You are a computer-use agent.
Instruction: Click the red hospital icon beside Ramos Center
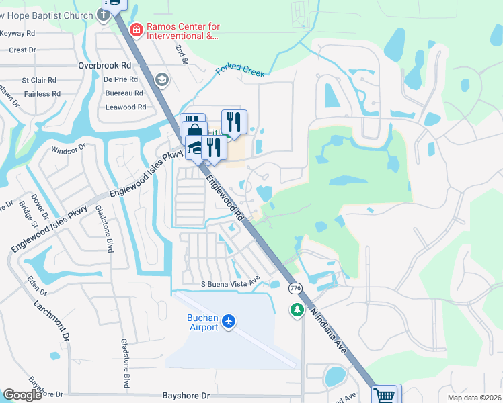coord(137,30)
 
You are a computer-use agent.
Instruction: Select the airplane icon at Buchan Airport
coord(230,322)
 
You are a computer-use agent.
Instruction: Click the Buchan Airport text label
coord(202,322)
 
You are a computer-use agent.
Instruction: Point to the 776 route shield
coord(295,288)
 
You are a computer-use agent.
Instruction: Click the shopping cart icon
coord(384,395)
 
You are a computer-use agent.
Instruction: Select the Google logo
coord(22,395)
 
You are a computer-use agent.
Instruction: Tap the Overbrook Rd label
coord(104,66)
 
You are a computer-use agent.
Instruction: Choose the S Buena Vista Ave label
coord(231,284)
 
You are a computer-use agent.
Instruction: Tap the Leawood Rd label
coord(126,107)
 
